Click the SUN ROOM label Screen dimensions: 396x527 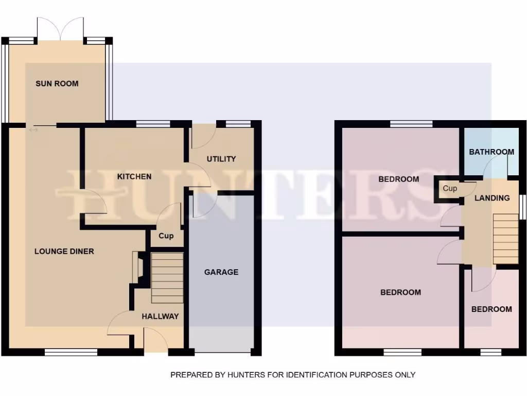coord(57,83)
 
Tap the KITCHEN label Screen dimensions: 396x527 coord(134,176)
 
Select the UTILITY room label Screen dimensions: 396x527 coord(221,159)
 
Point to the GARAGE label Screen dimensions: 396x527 coord(221,272)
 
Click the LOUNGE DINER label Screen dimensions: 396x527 coord(64,251)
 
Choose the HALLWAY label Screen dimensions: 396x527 coord(160,316)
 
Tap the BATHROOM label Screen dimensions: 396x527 coord(491,152)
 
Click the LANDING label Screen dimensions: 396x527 coord(492,197)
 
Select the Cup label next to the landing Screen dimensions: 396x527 coord(450,189)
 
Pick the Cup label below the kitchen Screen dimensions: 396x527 coord(166,236)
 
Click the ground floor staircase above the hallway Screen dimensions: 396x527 coord(167,278)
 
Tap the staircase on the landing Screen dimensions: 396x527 coord(505,239)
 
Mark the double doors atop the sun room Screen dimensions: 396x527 coord(61,29)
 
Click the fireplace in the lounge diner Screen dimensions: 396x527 coord(138,268)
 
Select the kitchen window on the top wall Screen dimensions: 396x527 coord(153,123)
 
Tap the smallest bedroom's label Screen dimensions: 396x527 coord(491,309)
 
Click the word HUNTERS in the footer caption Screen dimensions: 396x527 coord(245,375)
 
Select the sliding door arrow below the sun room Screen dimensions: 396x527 coord(33,130)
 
